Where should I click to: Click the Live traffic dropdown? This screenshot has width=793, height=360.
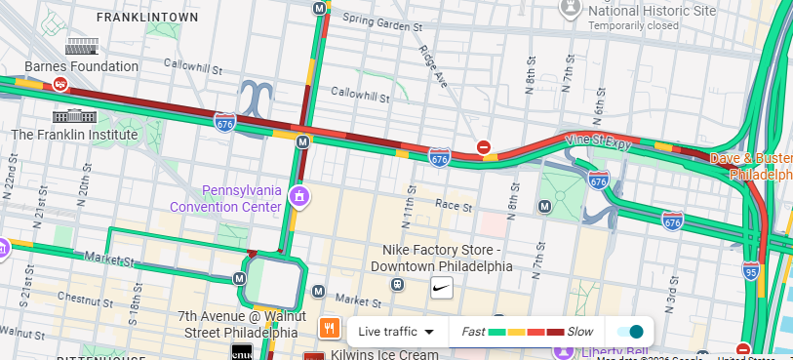pos(395,332)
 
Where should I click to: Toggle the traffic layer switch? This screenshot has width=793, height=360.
pos(630,332)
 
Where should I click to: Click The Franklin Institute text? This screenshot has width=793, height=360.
pos(74,134)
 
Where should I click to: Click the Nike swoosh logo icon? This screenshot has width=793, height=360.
pos(441,287)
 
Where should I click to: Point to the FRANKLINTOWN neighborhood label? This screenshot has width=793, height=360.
pos(149,18)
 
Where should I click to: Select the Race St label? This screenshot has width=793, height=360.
pos(453,206)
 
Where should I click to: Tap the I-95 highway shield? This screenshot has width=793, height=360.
pos(750,269)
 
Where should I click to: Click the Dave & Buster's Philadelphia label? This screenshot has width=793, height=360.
pos(751,166)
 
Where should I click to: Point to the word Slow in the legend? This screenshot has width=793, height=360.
pos(579,332)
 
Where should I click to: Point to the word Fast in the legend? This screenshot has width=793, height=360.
pos(473,332)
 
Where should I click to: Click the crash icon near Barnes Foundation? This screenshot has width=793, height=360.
pos(59,85)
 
